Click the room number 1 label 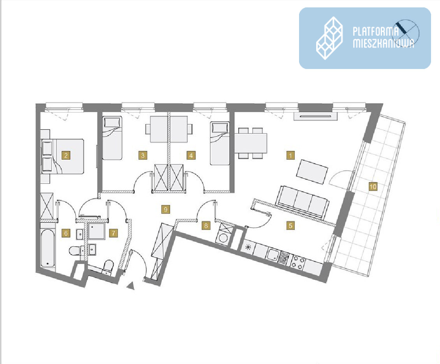tap(290, 155)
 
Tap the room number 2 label tap(66, 155)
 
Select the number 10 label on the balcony tap(373, 187)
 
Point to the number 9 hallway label tap(165, 209)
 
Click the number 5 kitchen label tap(290, 225)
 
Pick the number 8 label tap(206, 225)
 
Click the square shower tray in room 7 tap(97, 231)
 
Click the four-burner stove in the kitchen tap(297, 263)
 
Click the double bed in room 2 tap(63, 156)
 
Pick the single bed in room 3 tap(112, 138)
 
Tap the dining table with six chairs tap(251, 143)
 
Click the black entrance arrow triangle tap(130, 286)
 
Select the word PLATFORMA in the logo tap(375, 31)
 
